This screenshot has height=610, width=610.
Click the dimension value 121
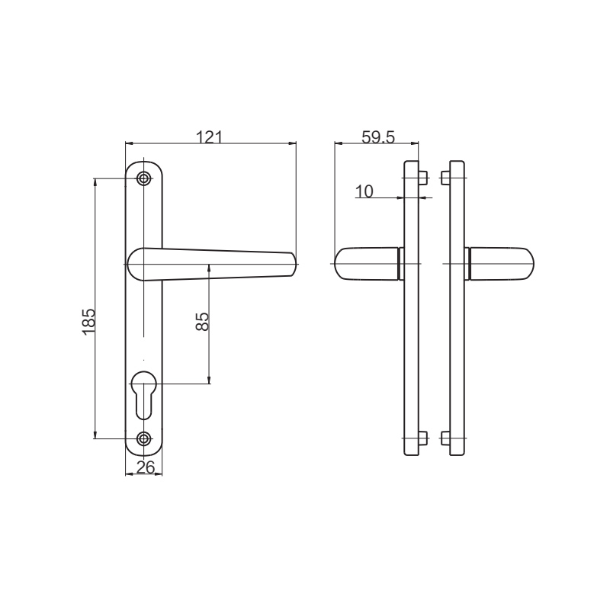tap(209, 137)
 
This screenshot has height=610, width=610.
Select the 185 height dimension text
tap(88, 321)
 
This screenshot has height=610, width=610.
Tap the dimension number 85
tap(202, 321)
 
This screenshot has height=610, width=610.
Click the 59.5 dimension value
tap(377, 137)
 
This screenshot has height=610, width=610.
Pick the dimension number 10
tap(364, 191)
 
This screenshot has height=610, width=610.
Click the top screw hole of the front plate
tap(144, 178)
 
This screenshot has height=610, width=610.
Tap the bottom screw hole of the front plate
tap(144, 438)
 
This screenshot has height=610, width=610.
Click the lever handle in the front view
tap(213, 263)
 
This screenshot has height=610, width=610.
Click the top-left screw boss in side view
tap(425, 178)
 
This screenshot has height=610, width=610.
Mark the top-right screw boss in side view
tap(445, 178)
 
